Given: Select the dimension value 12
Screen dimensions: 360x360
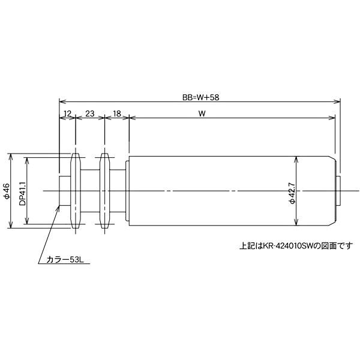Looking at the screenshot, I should [67, 113].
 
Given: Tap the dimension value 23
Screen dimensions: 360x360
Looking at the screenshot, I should [89, 113].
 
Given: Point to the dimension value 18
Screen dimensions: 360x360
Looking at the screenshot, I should [117, 113].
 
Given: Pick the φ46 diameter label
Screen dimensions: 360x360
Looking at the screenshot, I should [6, 191].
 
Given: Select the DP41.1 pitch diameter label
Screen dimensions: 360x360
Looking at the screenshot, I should [22, 191].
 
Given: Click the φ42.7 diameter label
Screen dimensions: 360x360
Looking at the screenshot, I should [292, 191].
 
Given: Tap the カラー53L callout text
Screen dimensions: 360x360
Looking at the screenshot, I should [64, 260].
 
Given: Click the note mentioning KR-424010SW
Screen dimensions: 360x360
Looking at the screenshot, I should [296, 245].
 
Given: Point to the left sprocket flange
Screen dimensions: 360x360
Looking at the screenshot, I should [75, 191].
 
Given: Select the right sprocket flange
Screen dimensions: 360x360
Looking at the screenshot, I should [104, 191].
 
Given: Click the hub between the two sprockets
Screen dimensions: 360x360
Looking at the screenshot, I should [89, 191].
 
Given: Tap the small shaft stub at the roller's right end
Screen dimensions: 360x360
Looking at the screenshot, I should [338, 191].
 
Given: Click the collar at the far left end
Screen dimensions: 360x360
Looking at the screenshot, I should [64, 191].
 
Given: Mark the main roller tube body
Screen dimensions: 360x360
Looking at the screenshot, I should [228, 191].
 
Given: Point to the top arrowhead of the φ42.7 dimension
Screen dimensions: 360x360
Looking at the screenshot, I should [297, 160].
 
